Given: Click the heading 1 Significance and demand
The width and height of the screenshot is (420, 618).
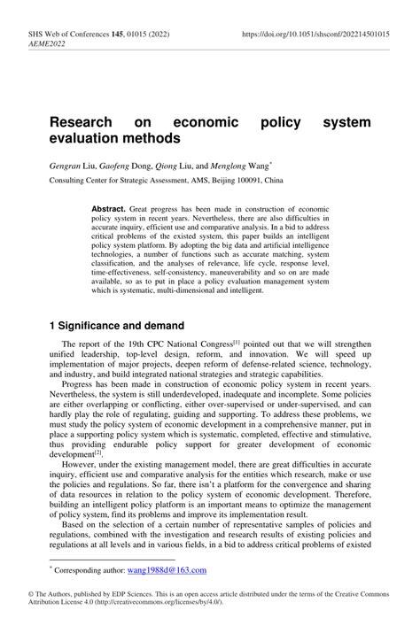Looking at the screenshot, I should click(116, 325).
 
